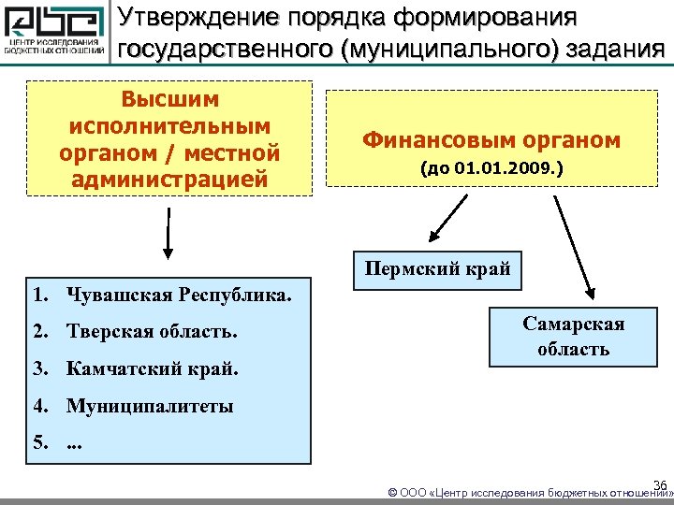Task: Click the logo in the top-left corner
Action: coord(55,34)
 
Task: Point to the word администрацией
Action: coord(169,178)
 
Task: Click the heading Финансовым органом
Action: coord(491,140)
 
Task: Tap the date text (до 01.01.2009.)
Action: coord(491,170)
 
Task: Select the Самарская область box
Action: coord(574,336)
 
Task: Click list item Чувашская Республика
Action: coord(179,296)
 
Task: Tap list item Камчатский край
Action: coord(152,368)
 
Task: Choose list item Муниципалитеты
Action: coord(150,406)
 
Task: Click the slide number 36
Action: coord(659,484)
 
